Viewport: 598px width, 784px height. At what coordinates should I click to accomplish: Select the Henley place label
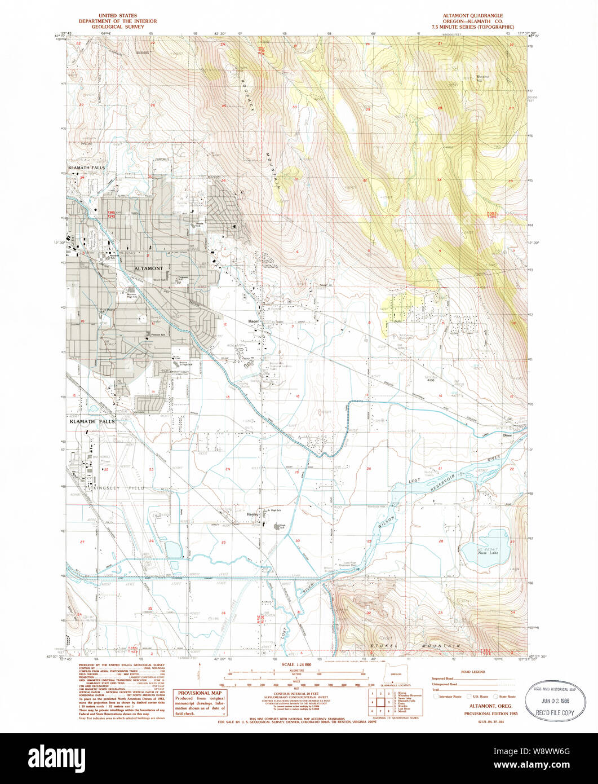click(x=251, y=514)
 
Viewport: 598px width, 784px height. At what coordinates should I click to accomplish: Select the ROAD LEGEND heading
click(x=472, y=672)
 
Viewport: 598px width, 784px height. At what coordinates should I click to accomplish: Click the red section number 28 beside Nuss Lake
click(x=441, y=541)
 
